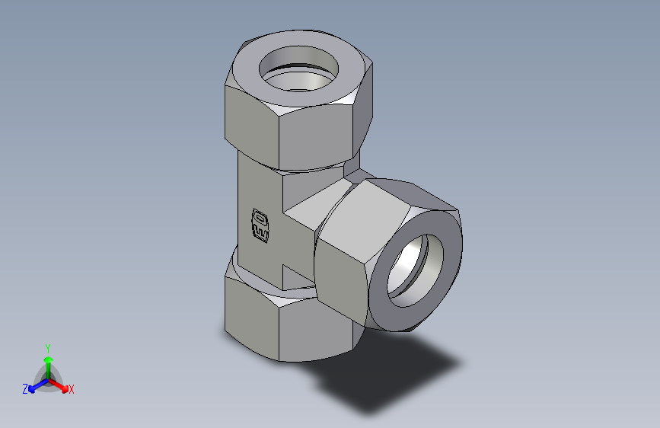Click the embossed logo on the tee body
(x=260, y=225)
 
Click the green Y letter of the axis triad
(x=48, y=347)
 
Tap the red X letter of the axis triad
(x=72, y=390)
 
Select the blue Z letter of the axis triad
(x=25, y=389)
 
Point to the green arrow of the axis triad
(x=48, y=362)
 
